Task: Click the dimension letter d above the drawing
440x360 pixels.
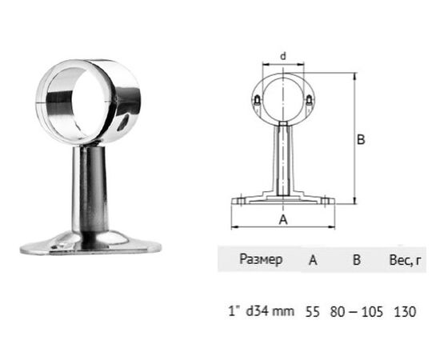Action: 283,56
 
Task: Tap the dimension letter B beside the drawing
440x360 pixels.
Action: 361,139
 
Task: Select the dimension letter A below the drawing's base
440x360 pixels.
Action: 283,219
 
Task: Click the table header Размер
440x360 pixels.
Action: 261,259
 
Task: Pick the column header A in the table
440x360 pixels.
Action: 313,260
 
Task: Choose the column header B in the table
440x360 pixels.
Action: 356,260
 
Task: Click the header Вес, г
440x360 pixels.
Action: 406,260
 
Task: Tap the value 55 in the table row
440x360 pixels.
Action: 312,312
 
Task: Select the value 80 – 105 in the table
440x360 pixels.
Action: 356,312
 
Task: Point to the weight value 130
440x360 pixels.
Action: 405,312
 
